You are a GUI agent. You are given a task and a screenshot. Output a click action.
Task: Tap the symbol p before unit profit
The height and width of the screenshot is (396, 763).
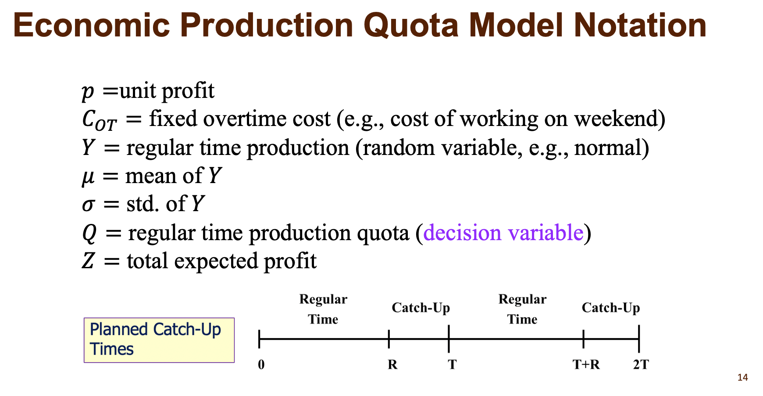point(88,91)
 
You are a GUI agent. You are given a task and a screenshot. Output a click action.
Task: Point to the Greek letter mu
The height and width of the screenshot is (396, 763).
point(88,177)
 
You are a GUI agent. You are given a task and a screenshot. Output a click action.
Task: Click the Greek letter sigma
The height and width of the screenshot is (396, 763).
point(88,205)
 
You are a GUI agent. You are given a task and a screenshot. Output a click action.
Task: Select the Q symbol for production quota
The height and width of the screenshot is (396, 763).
point(89,233)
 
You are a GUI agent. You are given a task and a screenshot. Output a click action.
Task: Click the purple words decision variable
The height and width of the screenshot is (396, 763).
point(503,233)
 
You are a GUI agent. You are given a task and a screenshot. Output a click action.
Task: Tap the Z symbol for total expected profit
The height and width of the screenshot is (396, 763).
point(88,261)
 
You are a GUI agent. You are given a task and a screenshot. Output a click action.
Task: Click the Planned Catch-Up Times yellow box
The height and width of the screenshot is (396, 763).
point(159,340)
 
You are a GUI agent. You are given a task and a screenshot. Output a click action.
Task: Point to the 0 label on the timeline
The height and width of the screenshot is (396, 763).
point(261,365)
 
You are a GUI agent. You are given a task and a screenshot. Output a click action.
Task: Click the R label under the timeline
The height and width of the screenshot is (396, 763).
point(392,365)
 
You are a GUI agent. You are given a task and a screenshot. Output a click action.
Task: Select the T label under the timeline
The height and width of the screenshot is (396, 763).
point(452,365)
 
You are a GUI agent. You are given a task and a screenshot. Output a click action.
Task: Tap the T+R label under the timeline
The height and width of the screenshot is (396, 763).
point(586,365)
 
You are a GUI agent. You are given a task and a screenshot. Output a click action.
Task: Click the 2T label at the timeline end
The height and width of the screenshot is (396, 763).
point(641,365)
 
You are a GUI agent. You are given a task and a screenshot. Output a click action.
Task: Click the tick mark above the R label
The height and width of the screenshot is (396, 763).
point(389,338)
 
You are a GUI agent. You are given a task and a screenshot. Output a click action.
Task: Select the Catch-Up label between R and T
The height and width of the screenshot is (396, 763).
point(421,308)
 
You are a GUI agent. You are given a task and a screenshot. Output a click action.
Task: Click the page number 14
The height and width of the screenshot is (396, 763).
point(742,378)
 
